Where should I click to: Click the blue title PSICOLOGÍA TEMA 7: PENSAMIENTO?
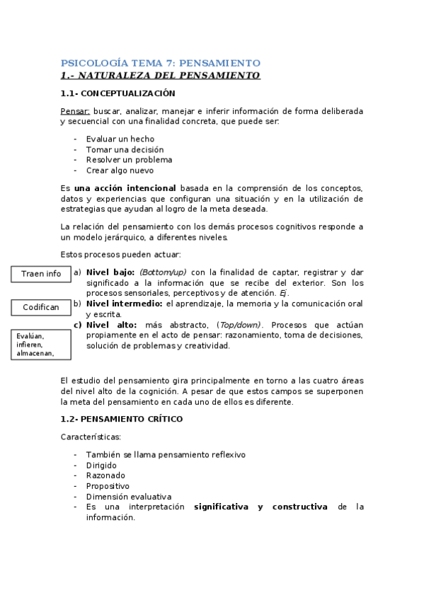pyautogui.click(x=161, y=63)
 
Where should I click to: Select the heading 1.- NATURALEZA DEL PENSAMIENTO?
pyautogui.click(x=161, y=76)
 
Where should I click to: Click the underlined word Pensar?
pyautogui.click(x=75, y=112)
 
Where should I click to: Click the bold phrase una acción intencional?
pyautogui.click(x=125, y=188)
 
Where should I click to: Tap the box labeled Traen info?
pyautogui.click(x=41, y=274)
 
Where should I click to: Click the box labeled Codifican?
pyautogui.click(x=41, y=307)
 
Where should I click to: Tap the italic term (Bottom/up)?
pyautogui.click(x=163, y=272)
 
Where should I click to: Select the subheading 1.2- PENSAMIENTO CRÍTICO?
pyautogui.click(x=122, y=419)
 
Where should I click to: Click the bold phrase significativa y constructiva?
pyautogui.click(x=260, y=507)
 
